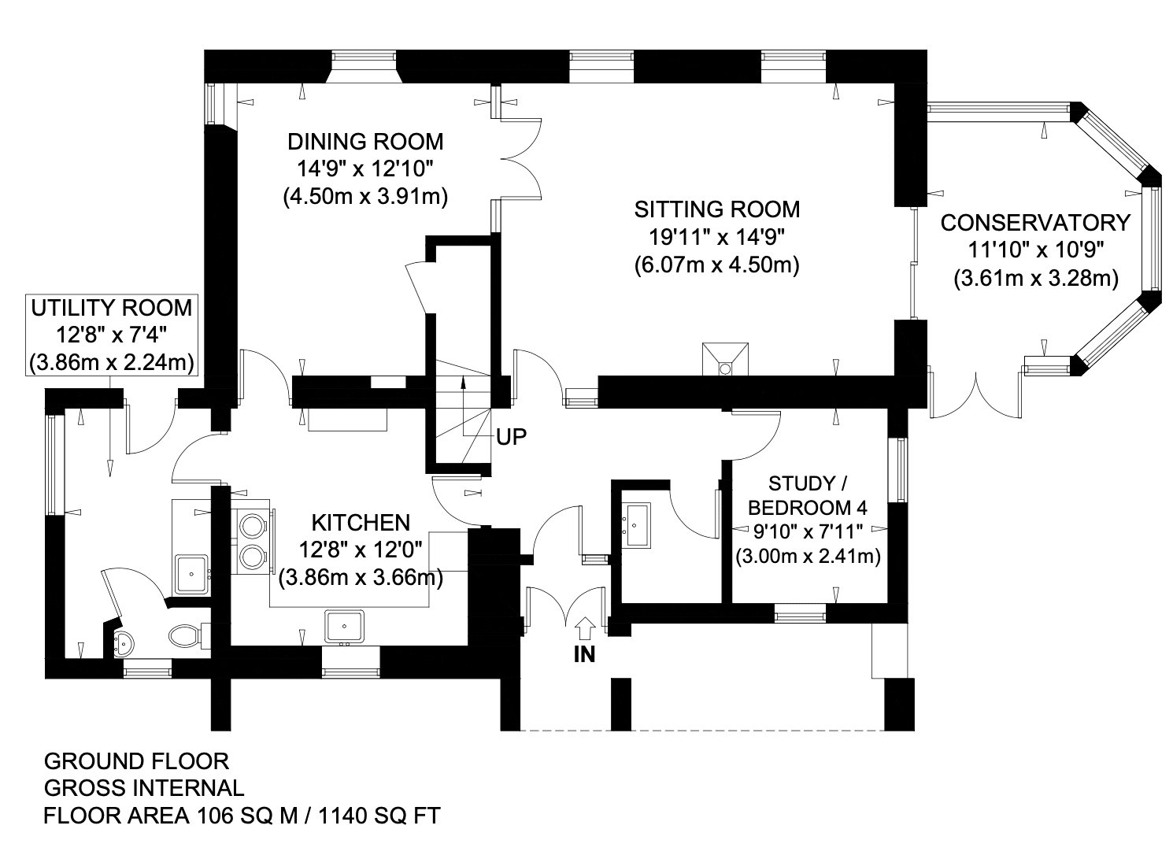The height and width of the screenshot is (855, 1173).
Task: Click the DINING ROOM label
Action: pyautogui.click(x=365, y=142)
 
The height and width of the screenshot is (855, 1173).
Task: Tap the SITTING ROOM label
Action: pyautogui.click(x=717, y=210)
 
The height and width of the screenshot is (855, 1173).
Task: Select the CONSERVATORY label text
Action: pyautogui.click(x=1035, y=223)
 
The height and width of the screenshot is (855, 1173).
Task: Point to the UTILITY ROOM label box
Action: pyautogui.click(x=112, y=335)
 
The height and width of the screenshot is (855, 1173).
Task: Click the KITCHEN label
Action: pyautogui.click(x=361, y=523)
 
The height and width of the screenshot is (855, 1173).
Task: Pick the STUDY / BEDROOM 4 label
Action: pyautogui.click(x=808, y=495)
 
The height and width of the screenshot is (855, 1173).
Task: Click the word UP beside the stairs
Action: pyautogui.click(x=511, y=437)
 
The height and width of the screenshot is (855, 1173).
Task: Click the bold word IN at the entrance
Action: pyautogui.click(x=584, y=654)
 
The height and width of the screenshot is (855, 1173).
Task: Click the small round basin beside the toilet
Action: pyautogui.click(x=124, y=642)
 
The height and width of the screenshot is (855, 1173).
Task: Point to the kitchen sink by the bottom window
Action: pyautogui.click(x=344, y=626)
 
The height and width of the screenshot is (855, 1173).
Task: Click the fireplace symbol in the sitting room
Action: pyautogui.click(x=725, y=359)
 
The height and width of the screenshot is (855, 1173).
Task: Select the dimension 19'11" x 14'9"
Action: pyautogui.click(x=717, y=238)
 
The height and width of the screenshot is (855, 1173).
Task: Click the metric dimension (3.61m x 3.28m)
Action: pyautogui.click(x=1036, y=278)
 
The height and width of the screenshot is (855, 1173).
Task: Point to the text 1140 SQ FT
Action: pyautogui.click(x=379, y=816)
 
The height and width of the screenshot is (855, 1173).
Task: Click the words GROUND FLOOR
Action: pyautogui.click(x=137, y=761)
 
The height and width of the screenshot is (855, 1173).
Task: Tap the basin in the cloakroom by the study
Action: pyautogui.click(x=636, y=525)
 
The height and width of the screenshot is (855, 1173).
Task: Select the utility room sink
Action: pyautogui.click(x=191, y=575)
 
